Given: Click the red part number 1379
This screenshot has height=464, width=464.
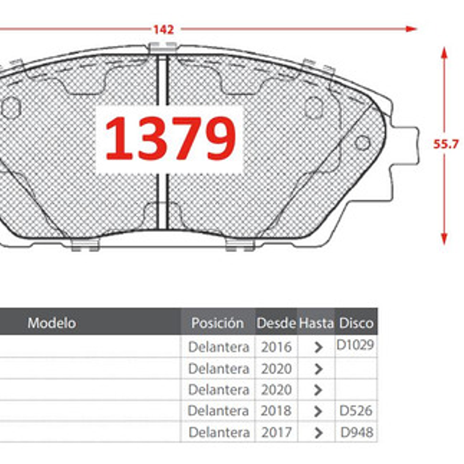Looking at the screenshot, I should (x=170, y=139).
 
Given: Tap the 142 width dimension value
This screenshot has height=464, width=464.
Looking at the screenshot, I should (x=164, y=29).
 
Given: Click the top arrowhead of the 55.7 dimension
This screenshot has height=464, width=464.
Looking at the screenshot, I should (x=444, y=53).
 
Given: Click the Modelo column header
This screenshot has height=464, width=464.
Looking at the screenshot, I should (x=52, y=322).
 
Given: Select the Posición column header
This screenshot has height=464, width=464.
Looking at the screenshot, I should (x=217, y=323).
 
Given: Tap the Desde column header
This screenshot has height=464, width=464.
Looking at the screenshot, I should (x=276, y=323).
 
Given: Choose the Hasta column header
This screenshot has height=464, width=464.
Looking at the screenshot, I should (x=316, y=323).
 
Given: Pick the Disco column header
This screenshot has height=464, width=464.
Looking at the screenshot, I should (x=356, y=323).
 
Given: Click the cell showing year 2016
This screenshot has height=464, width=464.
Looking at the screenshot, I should (x=276, y=347).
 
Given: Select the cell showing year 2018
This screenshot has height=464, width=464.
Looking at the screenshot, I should (x=276, y=411).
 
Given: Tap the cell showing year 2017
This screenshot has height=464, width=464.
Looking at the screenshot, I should (x=276, y=433).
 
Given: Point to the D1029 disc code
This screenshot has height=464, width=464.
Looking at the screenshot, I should (x=355, y=345).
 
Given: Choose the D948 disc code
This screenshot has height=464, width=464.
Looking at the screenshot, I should (x=357, y=433).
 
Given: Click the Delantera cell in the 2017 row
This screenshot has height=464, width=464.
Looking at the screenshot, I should (x=219, y=433).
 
